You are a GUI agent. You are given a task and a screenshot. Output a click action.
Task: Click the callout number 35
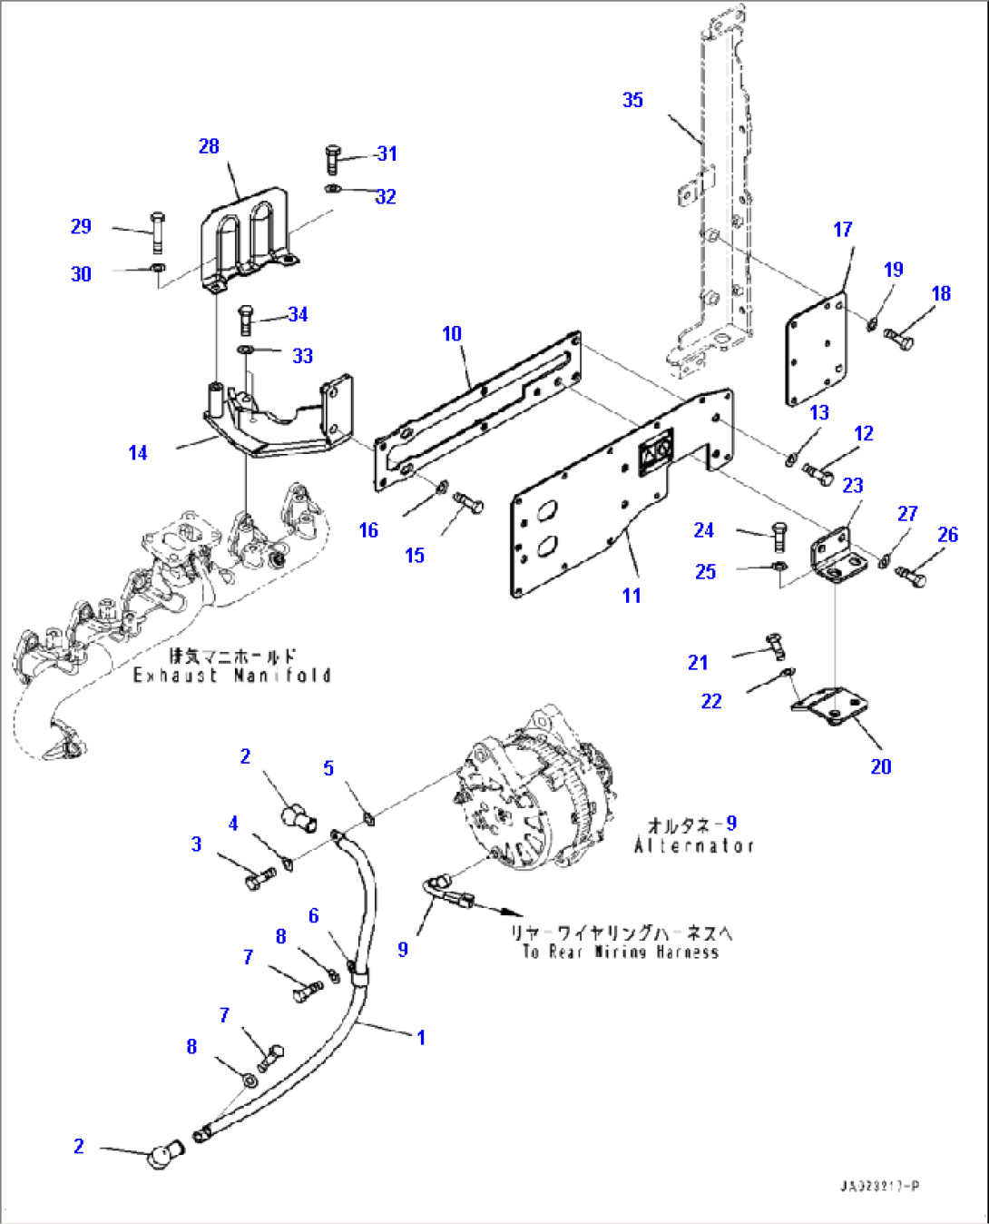tap(632, 100)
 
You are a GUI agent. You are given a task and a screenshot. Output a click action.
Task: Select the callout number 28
tap(209, 146)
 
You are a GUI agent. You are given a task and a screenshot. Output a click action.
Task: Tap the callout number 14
tap(138, 452)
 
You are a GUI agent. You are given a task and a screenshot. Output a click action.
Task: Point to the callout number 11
tap(632, 596)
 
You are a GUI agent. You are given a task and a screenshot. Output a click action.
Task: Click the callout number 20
tap(881, 766)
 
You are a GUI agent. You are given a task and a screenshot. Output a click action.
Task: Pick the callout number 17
tap(843, 230)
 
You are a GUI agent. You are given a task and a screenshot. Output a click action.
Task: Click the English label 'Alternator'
tap(694, 845)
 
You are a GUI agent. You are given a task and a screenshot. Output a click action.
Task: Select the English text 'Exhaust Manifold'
tap(231, 676)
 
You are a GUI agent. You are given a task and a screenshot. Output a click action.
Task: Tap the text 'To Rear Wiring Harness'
tap(621, 952)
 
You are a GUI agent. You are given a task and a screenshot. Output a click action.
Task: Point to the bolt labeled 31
tap(332, 159)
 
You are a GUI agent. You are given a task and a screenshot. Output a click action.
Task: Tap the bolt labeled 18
tap(900, 340)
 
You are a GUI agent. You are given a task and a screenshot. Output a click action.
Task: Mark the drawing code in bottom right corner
tap(879, 1186)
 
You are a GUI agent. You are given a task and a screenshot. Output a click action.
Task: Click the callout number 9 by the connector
tap(403, 949)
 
